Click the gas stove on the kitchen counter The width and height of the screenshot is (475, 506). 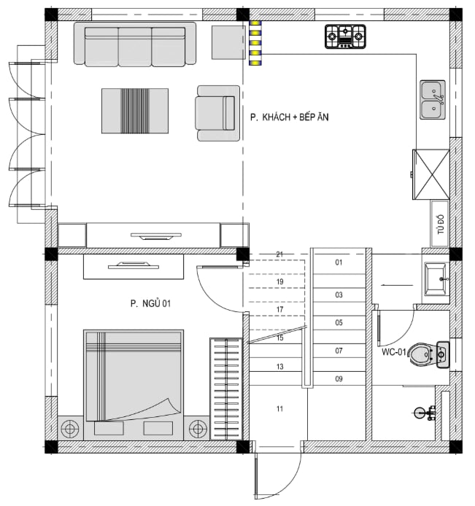345,36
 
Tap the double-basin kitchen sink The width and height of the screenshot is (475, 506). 433,100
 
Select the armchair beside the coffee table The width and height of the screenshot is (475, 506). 217,113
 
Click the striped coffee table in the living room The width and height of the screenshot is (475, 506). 135,111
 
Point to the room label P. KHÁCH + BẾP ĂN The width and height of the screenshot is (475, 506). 290,117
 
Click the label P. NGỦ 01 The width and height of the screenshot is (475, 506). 150,303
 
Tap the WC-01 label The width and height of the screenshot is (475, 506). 393,351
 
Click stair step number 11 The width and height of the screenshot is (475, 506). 279,409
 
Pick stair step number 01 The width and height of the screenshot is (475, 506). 339,262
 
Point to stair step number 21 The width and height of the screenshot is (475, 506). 279,254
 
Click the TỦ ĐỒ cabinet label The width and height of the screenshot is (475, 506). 441,225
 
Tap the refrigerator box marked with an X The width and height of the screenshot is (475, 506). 431,174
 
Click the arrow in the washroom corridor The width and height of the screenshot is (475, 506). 397,285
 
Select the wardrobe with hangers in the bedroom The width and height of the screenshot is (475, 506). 226,389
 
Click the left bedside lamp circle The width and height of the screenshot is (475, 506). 70,429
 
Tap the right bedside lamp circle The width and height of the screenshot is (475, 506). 198,429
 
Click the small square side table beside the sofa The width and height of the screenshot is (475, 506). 228,42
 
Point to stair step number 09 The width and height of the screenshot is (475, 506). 339,378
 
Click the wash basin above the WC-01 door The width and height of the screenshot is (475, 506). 436,279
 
